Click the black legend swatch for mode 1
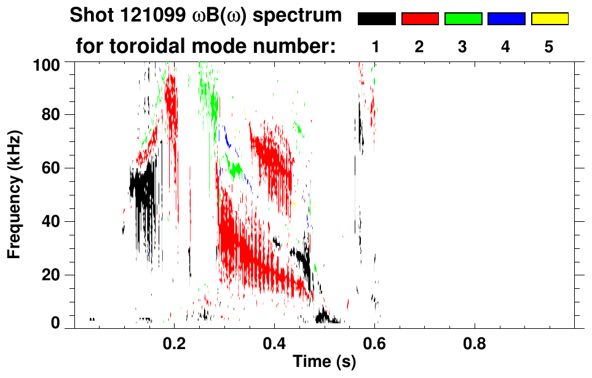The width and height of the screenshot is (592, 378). pyautogui.click(x=377, y=19)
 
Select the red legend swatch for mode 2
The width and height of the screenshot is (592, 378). pyautogui.click(x=420, y=19)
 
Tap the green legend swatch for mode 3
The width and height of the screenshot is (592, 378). pyautogui.click(x=463, y=19)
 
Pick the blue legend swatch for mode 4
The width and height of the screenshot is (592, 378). pyautogui.click(x=506, y=19)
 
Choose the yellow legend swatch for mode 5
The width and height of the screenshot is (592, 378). pyautogui.click(x=549, y=19)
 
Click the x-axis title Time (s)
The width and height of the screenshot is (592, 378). pyautogui.click(x=324, y=362)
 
